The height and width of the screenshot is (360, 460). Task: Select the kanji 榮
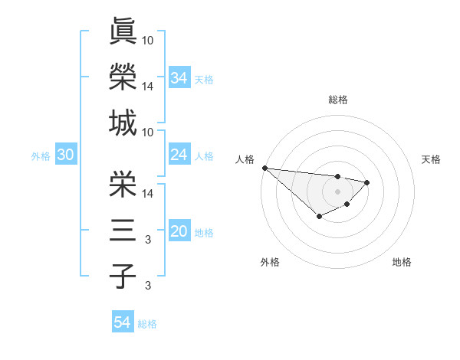[123, 77]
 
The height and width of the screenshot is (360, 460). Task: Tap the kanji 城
[123, 123]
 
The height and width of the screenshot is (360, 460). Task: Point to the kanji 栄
[123, 183]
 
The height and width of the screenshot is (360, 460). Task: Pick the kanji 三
[123, 230]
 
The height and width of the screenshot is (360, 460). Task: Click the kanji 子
[123, 276]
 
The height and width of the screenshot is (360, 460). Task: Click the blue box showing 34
[179, 78]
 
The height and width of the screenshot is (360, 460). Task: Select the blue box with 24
[179, 155]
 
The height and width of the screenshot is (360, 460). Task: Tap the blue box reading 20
[179, 232]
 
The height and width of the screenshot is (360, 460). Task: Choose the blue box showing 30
[65, 155]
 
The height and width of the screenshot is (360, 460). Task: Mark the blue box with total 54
[122, 322]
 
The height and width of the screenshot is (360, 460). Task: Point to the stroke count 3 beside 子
[148, 286]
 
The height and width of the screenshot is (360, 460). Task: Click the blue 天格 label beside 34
[203, 79]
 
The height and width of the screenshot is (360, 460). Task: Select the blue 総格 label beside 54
[147, 324]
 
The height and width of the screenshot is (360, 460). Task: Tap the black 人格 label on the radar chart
[244, 159]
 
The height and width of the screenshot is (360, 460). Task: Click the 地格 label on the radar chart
[402, 262]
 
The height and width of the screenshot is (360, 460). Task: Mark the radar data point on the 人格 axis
[264, 167]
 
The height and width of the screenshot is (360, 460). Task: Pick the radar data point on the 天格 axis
[367, 182]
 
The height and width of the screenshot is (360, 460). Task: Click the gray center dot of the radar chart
[337, 191]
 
